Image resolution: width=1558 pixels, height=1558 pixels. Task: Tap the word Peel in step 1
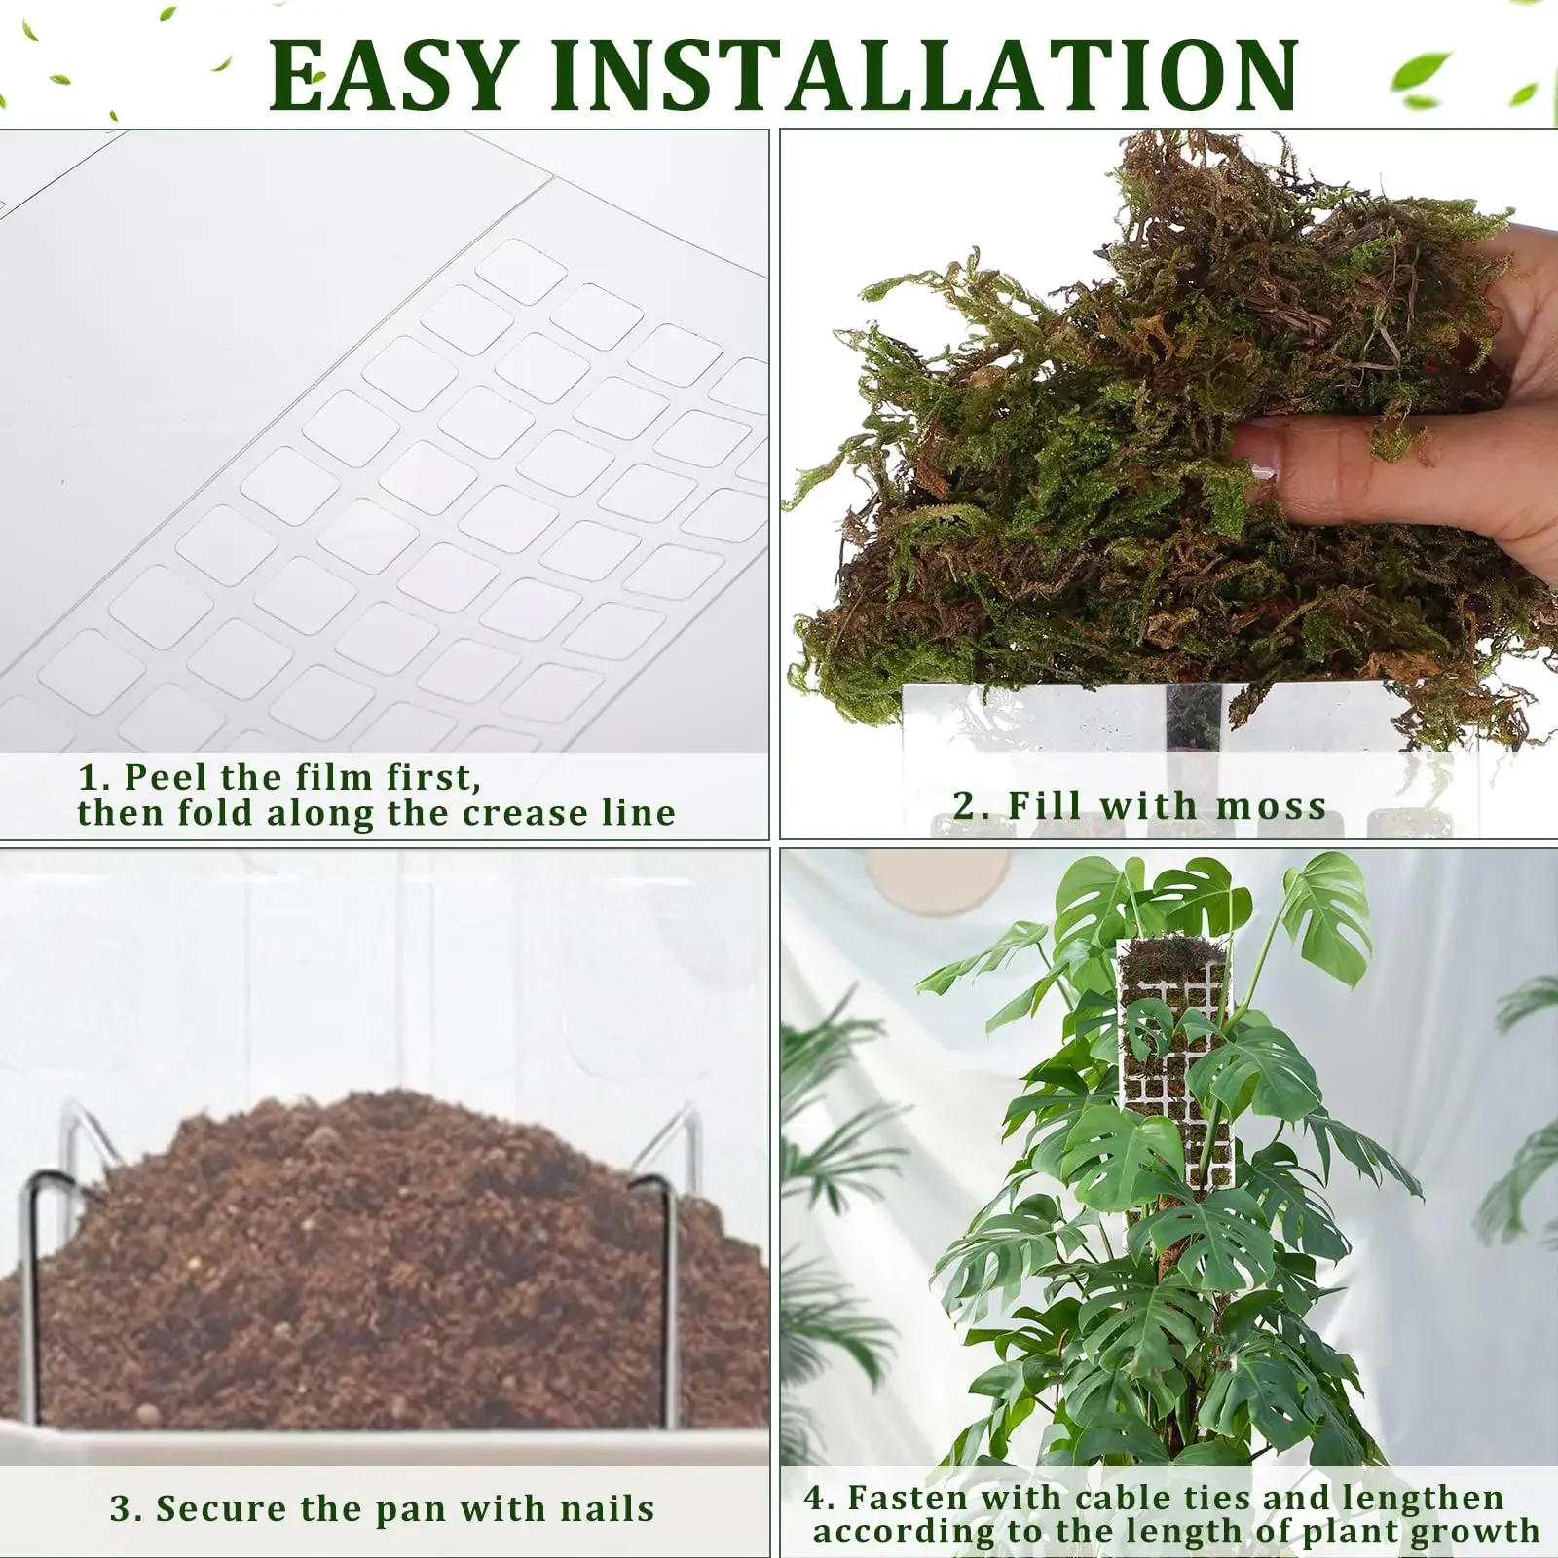point(166,777)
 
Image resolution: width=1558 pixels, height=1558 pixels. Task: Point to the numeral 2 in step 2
point(964,806)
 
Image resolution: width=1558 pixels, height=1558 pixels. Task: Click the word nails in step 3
point(608,1508)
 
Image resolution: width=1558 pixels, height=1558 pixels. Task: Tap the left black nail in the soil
point(34,1295)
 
